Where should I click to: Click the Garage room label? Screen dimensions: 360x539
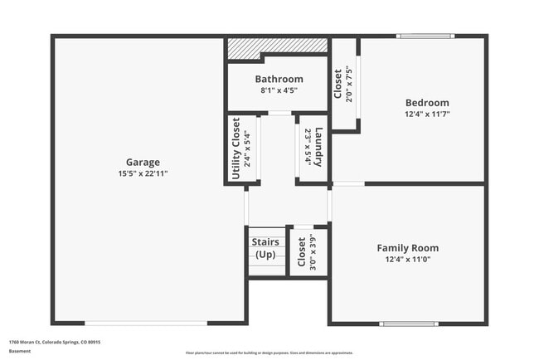pos(143,162)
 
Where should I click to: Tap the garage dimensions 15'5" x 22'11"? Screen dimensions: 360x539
pos(143,173)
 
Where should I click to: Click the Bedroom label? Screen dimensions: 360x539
pos(426,103)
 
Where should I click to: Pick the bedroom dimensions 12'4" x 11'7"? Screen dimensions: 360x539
pos(426,114)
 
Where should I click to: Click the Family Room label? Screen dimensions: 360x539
pos(407,247)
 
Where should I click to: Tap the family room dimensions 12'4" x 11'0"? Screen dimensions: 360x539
pos(407,259)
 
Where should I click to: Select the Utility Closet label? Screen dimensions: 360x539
pos(236,148)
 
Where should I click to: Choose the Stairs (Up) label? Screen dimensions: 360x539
pos(265,248)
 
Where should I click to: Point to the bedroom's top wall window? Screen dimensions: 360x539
pos(425,36)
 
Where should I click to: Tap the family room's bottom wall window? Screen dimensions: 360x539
pos(409,324)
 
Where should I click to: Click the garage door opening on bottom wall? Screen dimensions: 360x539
pos(146,323)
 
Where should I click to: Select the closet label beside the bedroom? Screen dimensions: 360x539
pos(338,82)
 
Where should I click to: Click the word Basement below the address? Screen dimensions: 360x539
pos(20,351)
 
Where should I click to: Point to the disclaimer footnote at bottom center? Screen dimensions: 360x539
pos(269,353)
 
